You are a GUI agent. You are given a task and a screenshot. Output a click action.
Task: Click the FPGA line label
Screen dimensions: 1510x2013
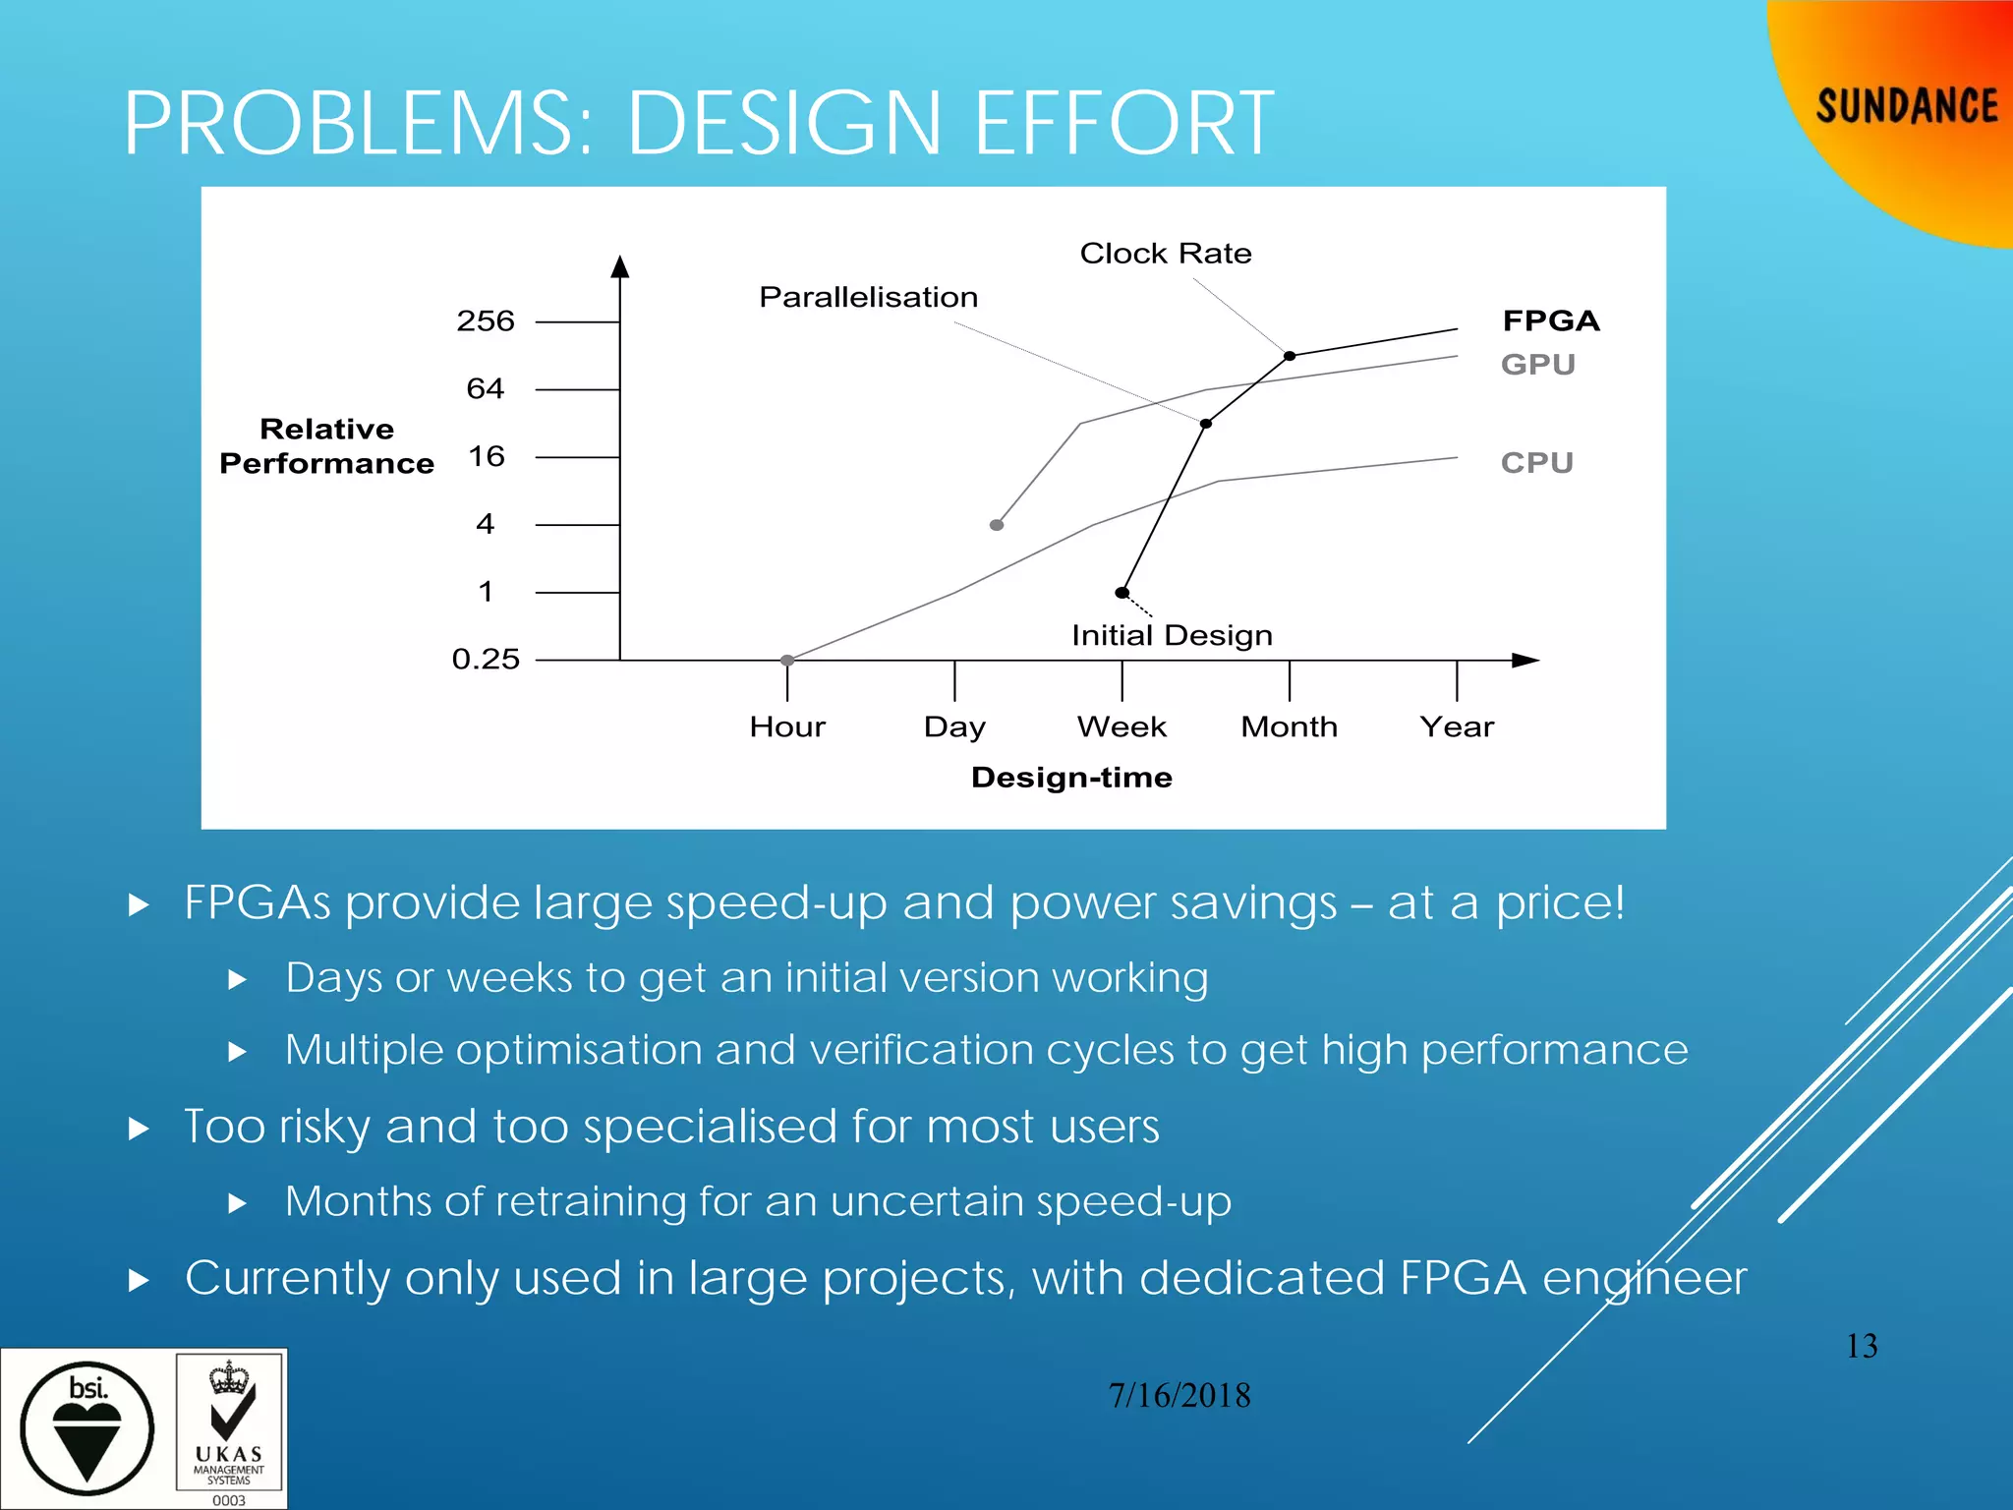(1551, 320)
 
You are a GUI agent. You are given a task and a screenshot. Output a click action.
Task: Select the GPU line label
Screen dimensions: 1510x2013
(1538, 365)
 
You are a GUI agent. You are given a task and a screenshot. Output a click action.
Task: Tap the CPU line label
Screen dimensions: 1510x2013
(1537, 462)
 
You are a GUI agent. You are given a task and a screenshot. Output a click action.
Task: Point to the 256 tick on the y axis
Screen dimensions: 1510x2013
(486, 321)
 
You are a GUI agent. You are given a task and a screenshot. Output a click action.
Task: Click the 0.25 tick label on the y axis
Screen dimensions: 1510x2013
(486, 659)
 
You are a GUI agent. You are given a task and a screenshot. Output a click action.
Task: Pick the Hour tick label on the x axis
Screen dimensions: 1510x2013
(787, 726)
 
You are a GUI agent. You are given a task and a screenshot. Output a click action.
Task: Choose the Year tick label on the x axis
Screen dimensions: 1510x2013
(1457, 726)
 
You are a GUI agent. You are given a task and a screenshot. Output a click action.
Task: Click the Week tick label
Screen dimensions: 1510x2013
(1122, 726)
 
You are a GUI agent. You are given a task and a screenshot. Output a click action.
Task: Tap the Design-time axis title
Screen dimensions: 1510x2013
(1071, 778)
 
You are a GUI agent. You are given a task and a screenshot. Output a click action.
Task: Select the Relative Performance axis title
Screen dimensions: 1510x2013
(326, 445)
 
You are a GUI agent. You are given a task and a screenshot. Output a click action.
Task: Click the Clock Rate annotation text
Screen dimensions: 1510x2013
(1166, 254)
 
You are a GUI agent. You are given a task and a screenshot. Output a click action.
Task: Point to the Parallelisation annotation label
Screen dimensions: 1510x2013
(869, 297)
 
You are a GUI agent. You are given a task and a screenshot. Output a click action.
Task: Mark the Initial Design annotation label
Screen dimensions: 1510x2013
(1172, 635)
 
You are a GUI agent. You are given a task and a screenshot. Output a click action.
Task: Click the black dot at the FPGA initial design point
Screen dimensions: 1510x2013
(1122, 593)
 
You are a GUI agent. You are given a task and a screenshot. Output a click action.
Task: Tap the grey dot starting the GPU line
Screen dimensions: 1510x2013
(997, 525)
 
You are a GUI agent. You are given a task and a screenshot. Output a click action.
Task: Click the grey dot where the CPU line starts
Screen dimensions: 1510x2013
(787, 661)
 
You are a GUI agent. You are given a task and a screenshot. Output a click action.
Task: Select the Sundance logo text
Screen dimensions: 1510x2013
(1906, 106)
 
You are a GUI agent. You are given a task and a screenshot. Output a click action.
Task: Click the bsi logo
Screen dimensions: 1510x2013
(87, 1428)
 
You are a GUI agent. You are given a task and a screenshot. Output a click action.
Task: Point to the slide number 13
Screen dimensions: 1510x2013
(1862, 1346)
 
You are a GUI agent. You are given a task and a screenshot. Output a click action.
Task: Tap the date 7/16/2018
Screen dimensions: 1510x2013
(1179, 1395)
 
